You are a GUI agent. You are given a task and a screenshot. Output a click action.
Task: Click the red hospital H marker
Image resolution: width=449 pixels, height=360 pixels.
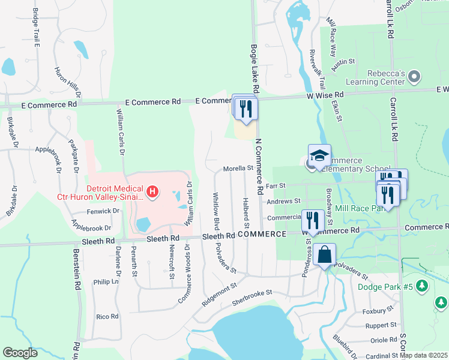coord(153,192)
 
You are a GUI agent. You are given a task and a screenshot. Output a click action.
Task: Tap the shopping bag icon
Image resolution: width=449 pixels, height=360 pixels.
coord(324,254)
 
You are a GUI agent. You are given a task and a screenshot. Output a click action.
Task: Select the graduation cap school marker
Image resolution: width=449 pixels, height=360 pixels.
coord(320,157)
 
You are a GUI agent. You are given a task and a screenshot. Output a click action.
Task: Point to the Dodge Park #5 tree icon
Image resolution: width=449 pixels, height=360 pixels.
coord(424,286)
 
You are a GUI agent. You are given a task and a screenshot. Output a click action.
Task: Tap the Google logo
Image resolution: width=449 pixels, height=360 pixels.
coord(20,353)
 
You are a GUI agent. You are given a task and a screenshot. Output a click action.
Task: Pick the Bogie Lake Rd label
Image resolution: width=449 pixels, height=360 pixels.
coord(254,68)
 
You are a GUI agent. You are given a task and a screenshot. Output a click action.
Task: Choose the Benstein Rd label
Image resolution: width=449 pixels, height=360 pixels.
coord(77,269)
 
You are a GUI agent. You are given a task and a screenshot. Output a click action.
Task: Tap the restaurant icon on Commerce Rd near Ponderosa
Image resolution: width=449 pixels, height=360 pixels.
coord(312,220)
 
